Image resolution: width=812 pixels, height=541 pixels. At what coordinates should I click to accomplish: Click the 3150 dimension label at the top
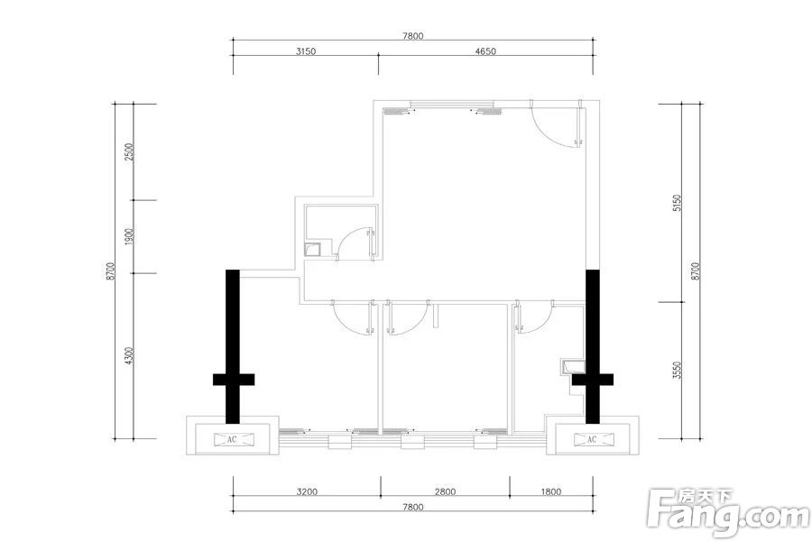[x=306, y=51]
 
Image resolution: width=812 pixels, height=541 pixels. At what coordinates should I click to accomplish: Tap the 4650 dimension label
[x=485, y=51]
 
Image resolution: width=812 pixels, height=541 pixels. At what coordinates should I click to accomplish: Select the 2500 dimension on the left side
[x=129, y=151]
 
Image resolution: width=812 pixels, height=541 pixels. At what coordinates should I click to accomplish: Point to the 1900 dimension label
[x=129, y=236]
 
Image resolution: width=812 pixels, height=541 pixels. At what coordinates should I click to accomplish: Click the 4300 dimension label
[x=129, y=355]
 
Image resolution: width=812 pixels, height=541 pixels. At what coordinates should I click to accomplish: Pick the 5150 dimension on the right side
[x=678, y=204]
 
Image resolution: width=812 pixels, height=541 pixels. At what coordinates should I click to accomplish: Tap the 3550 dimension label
[x=678, y=371]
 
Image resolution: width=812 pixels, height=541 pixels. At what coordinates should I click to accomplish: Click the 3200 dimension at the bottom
[x=307, y=491]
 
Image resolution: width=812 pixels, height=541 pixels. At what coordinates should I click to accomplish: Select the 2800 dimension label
[x=446, y=491]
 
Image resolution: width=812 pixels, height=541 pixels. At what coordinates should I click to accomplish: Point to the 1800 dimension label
[x=550, y=491]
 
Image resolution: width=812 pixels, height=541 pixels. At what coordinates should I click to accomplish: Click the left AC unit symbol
[x=233, y=439]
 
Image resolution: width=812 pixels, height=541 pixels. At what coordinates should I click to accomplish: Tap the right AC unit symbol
[x=593, y=439]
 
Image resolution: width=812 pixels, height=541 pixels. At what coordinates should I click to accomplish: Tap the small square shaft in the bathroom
[x=313, y=250]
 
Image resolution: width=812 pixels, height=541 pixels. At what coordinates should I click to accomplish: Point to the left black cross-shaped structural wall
[x=233, y=347]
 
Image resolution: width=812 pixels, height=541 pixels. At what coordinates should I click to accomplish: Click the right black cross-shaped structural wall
[x=593, y=347]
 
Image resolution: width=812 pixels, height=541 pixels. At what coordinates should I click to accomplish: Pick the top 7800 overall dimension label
[x=412, y=36]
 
